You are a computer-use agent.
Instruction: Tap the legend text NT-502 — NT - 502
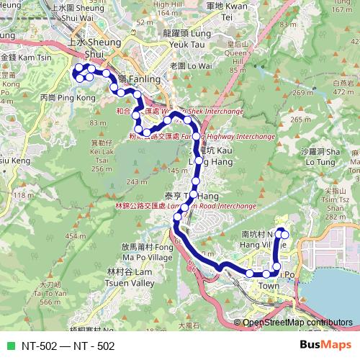pos(68,346)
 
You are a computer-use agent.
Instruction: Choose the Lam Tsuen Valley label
pos(130,277)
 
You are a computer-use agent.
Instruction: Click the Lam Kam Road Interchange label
pos(176,205)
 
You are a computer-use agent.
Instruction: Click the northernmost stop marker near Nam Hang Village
pos(283,233)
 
